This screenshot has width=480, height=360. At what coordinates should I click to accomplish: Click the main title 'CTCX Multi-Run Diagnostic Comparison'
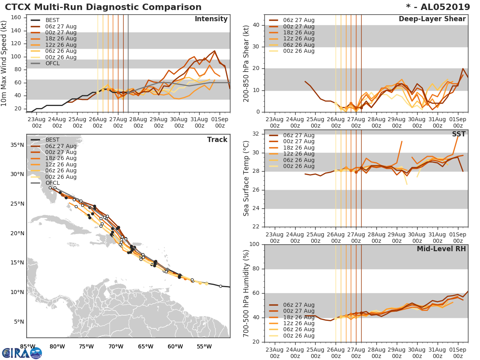click(103, 7)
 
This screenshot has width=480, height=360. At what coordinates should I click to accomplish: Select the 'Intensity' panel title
click(211, 19)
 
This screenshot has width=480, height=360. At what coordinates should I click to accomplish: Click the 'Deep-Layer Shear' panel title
click(432, 19)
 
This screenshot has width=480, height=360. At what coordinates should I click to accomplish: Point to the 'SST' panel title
click(459, 134)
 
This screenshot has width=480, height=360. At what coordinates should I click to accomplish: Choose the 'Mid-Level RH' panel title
click(441, 249)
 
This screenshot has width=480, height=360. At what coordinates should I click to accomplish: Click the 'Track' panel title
click(217, 140)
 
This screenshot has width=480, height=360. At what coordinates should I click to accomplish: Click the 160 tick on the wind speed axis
click(16, 18)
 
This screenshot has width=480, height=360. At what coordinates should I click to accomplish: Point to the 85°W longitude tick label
click(28, 346)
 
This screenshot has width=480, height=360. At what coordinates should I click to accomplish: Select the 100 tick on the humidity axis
click(254, 244)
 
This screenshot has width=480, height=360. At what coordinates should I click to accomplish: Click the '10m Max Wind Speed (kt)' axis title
click(4, 64)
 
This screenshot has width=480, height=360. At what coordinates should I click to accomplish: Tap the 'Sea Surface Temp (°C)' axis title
click(246, 178)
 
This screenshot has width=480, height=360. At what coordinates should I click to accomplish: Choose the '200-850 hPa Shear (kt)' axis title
click(246, 63)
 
